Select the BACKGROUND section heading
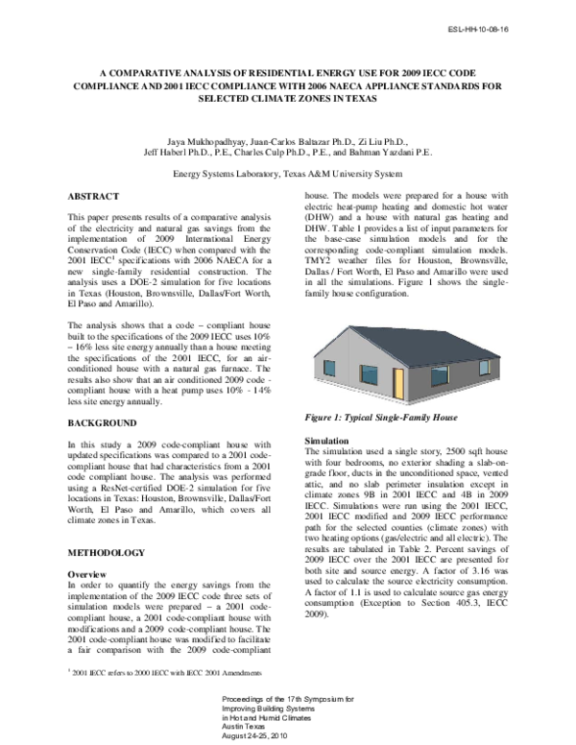tap(107, 422)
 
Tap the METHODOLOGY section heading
tap(108, 553)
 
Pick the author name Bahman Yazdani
tap(393, 152)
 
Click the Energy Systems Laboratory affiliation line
tap(288, 175)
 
